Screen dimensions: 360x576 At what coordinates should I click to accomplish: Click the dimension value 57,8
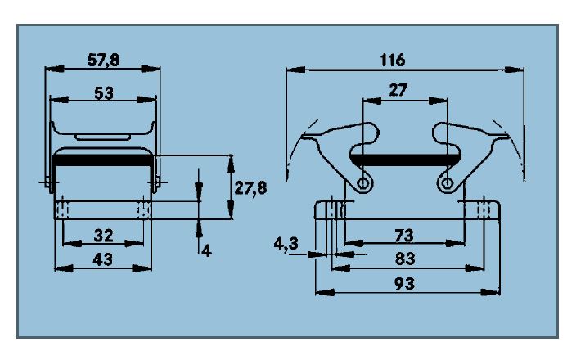pos(104,60)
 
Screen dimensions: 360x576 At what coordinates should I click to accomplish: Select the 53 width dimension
pos(103,92)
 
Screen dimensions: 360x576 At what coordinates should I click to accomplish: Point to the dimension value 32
pos(103,236)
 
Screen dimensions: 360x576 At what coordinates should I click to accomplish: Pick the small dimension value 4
pos(206,250)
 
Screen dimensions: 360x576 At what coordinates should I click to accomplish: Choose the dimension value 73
pos(404,236)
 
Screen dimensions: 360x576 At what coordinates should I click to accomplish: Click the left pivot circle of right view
pos(362,182)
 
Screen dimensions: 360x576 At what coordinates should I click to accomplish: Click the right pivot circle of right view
pos(446,182)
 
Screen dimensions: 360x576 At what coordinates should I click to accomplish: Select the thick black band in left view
pos(103,162)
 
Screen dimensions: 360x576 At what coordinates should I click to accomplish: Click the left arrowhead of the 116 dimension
pos(290,70)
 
